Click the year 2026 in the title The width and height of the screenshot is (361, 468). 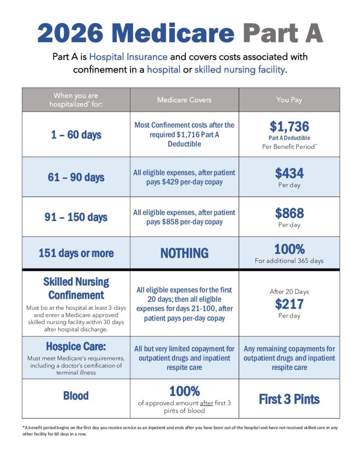pos(71,33)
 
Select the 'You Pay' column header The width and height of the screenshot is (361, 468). pos(289,99)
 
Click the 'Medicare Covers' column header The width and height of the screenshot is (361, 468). pos(184,99)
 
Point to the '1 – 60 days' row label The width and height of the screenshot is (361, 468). pos(76,135)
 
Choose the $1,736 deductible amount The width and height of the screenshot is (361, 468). pos(289,126)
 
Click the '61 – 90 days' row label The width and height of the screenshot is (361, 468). pos(76,177)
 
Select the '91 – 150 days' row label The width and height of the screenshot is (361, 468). pos(76,217)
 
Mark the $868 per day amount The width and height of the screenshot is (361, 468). pos(289,213)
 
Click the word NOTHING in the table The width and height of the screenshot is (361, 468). pos(184,253)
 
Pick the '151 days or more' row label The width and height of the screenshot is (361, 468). pos(76,253)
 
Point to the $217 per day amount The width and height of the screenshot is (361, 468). pos(289,303)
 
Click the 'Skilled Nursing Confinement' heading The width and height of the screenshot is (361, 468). pos(76,288)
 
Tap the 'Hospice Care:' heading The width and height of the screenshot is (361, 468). pos(76,346)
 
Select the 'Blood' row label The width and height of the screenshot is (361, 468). pos(76,395)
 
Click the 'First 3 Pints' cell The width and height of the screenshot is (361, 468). pos(289,399)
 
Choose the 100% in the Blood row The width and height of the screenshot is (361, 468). pos(184,391)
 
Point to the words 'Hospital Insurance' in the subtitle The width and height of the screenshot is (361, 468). pos(128,57)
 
